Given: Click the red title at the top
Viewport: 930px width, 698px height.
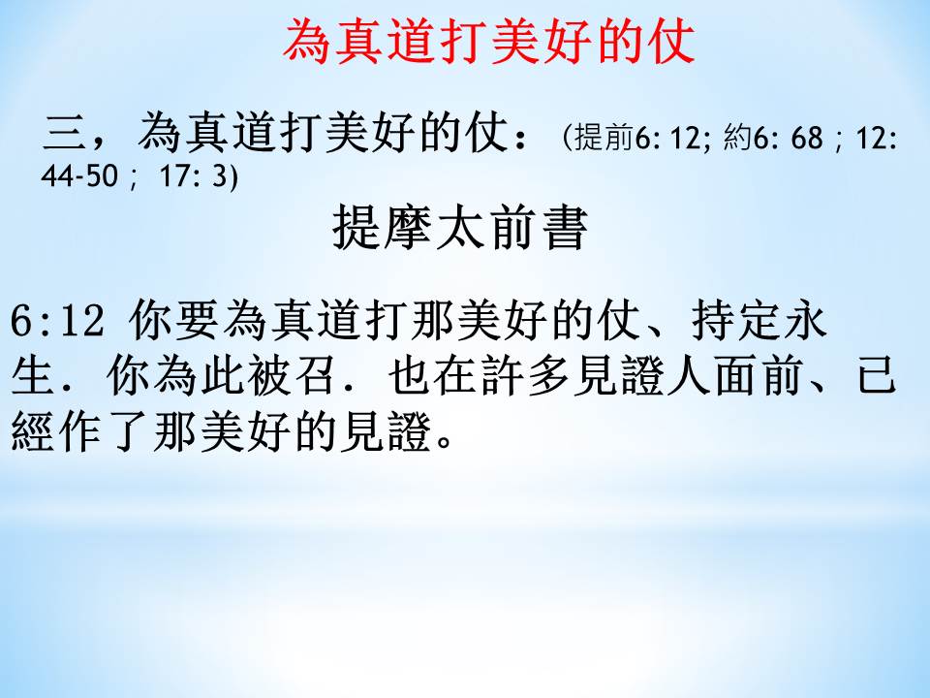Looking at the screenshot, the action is (488, 42).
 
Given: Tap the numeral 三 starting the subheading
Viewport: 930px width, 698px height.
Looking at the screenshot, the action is (65, 132).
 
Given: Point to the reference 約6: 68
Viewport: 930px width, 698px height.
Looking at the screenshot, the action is (772, 138).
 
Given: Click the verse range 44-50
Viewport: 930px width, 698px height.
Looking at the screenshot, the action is (79, 175).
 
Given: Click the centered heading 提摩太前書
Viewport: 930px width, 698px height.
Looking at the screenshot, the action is (460, 227).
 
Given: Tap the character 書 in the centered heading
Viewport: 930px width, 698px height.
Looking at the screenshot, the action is (565, 227).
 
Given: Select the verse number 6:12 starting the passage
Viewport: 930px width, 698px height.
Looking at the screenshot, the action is (57, 322).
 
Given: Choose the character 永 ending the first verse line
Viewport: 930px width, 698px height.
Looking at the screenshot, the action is (805, 321).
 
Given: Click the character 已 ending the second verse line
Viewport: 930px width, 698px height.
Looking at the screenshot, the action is (876, 376).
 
